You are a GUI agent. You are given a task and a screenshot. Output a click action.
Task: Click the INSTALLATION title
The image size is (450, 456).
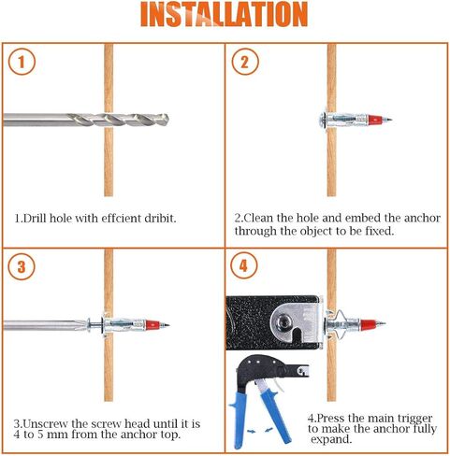[225, 14]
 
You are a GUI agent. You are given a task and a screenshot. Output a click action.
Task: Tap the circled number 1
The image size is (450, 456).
[22, 62]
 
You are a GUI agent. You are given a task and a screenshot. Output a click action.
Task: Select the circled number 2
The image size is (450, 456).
[245, 62]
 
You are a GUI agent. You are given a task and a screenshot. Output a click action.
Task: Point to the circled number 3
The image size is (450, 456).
[22, 266]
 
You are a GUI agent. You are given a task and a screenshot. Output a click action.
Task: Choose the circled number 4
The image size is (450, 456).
[243, 266]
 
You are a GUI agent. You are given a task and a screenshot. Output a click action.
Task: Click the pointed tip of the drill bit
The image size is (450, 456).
[168, 119]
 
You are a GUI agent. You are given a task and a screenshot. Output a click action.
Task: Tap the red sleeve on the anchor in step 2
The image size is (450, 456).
[375, 120]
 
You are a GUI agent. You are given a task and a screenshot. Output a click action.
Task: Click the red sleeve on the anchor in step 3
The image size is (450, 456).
[152, 325]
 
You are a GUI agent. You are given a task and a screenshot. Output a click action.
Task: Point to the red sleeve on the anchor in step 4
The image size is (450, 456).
[368, 324]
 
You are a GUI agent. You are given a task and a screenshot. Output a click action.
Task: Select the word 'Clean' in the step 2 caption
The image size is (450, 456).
[257, 218]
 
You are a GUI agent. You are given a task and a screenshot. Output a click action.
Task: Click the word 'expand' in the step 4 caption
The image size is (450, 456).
[331, 439]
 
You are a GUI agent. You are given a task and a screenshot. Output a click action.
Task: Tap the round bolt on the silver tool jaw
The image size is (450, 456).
[283, 320]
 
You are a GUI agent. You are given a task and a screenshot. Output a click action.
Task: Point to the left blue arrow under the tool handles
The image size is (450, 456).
[251, 432]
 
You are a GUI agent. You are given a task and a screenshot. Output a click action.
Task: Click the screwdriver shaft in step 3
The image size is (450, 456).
[45, 325]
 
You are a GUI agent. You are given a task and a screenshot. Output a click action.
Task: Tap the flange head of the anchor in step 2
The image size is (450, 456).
[324, 119]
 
